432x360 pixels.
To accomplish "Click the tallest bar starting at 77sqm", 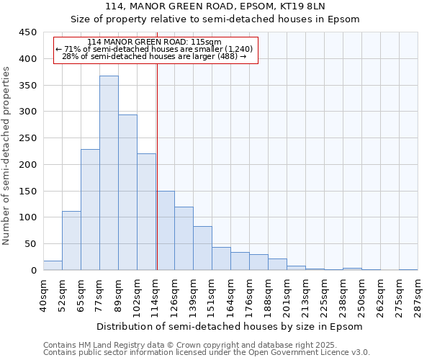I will [x=109, y=173].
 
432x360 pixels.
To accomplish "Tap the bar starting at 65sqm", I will [x=90, y=210].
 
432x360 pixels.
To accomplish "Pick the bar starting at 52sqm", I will [x=71, y=240].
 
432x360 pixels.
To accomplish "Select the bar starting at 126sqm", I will [x=184, y=238].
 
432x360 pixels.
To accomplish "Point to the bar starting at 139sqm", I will [x=202, y=248].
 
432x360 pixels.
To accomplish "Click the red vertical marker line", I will [x=157, y=166].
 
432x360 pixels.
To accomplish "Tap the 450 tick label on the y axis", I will [x=28, y=32].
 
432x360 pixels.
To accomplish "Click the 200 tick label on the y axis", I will [x=28, y=165].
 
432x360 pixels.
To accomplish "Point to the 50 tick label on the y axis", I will [x=31, y=244].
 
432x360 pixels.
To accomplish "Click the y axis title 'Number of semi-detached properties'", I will [x=7, y=155].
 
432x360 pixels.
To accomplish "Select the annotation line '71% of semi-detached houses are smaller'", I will [x=154, y=49].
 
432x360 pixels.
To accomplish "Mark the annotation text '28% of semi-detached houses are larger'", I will [x=154, y=56].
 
